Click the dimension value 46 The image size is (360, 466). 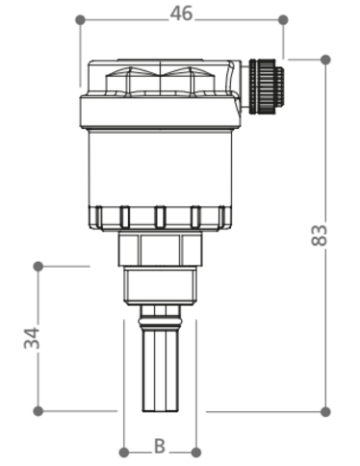pos(181,13)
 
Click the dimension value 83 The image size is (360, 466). pos(320,235)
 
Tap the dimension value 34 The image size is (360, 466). pos(32,338)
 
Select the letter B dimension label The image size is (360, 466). pos(160,446)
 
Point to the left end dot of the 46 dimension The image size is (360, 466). pos(80,20)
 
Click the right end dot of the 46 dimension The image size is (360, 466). pos(283,20)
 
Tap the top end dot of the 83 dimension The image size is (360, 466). pos(325,60)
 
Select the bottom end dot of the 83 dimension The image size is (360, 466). pos(325,411)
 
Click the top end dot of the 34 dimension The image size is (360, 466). pos(39,266)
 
